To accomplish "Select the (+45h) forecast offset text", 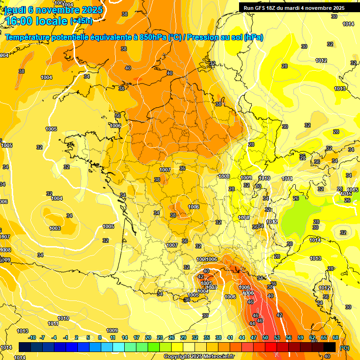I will click(81, 21).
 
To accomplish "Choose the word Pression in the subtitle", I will click(203, 37).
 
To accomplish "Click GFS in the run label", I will click(263, 8).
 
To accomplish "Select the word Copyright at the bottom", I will click(176, 356).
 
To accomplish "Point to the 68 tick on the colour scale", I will click(336, 337).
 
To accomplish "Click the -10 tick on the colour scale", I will click(32, 337).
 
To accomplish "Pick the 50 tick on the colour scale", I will click(265, 337).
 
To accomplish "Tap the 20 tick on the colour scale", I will click(148, 337).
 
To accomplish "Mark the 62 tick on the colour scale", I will click(312, 337).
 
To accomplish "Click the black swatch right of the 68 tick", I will click(330, 347).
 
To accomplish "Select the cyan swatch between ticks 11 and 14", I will click(119, 347).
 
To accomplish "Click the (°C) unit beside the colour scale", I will click(345, 347).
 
